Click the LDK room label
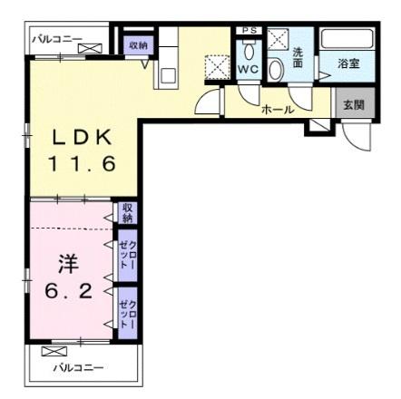click(82, 138)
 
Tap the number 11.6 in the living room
click(82, 167)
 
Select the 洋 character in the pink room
click(67, 264)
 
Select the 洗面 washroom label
click(298, 59)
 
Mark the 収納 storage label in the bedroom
click(127, 214)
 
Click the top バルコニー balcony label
click(56, 39)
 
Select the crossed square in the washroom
click(279, 38)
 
